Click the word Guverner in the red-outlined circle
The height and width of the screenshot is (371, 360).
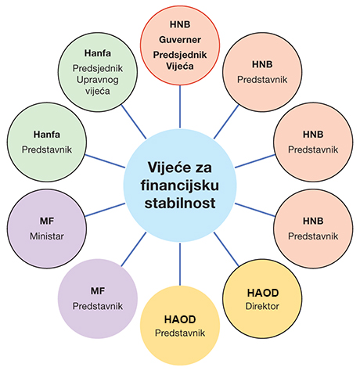click(x=180, y=40)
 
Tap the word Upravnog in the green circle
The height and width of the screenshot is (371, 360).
click(x=98, y=80)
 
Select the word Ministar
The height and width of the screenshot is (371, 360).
click(x=47, y=236)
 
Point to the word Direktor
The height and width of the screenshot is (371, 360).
click(x=262, y=306)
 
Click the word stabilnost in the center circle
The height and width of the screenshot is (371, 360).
click(x=180, y=203)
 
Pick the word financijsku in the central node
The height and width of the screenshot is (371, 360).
click(x=180, y=185)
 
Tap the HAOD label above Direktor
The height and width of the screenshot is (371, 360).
click(x=263, y=293)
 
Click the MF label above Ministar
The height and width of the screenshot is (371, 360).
click(x=47, y=222)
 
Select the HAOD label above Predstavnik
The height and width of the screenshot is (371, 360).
click(x=180, y=319)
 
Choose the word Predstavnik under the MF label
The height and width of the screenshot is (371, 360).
click(x=98, y=306)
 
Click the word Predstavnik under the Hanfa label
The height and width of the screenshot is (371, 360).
click(x=47, y=149)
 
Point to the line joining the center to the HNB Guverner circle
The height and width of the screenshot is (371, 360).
click(x=180, y=106)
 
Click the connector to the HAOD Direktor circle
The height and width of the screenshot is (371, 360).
click(x=226, y=249)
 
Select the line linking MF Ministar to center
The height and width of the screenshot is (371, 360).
click(x=105, y=210)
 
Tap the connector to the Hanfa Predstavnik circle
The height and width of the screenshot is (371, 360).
click(x=105, y=161)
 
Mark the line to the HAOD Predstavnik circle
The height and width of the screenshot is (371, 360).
click(x=180, y=264)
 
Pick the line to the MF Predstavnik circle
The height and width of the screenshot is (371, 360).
click(x=134, y=249)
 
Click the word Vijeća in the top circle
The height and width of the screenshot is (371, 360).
click(x=180, y=67)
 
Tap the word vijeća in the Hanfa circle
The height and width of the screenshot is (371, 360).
click(x=98, y=92)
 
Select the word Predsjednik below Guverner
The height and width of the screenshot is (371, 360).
click(x=180, y=55)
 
